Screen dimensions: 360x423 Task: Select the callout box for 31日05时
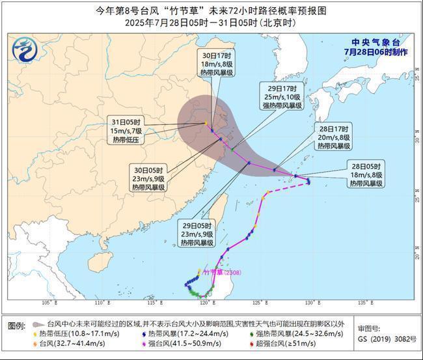pos(126,130)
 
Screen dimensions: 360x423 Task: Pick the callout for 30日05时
pos(148,178)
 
